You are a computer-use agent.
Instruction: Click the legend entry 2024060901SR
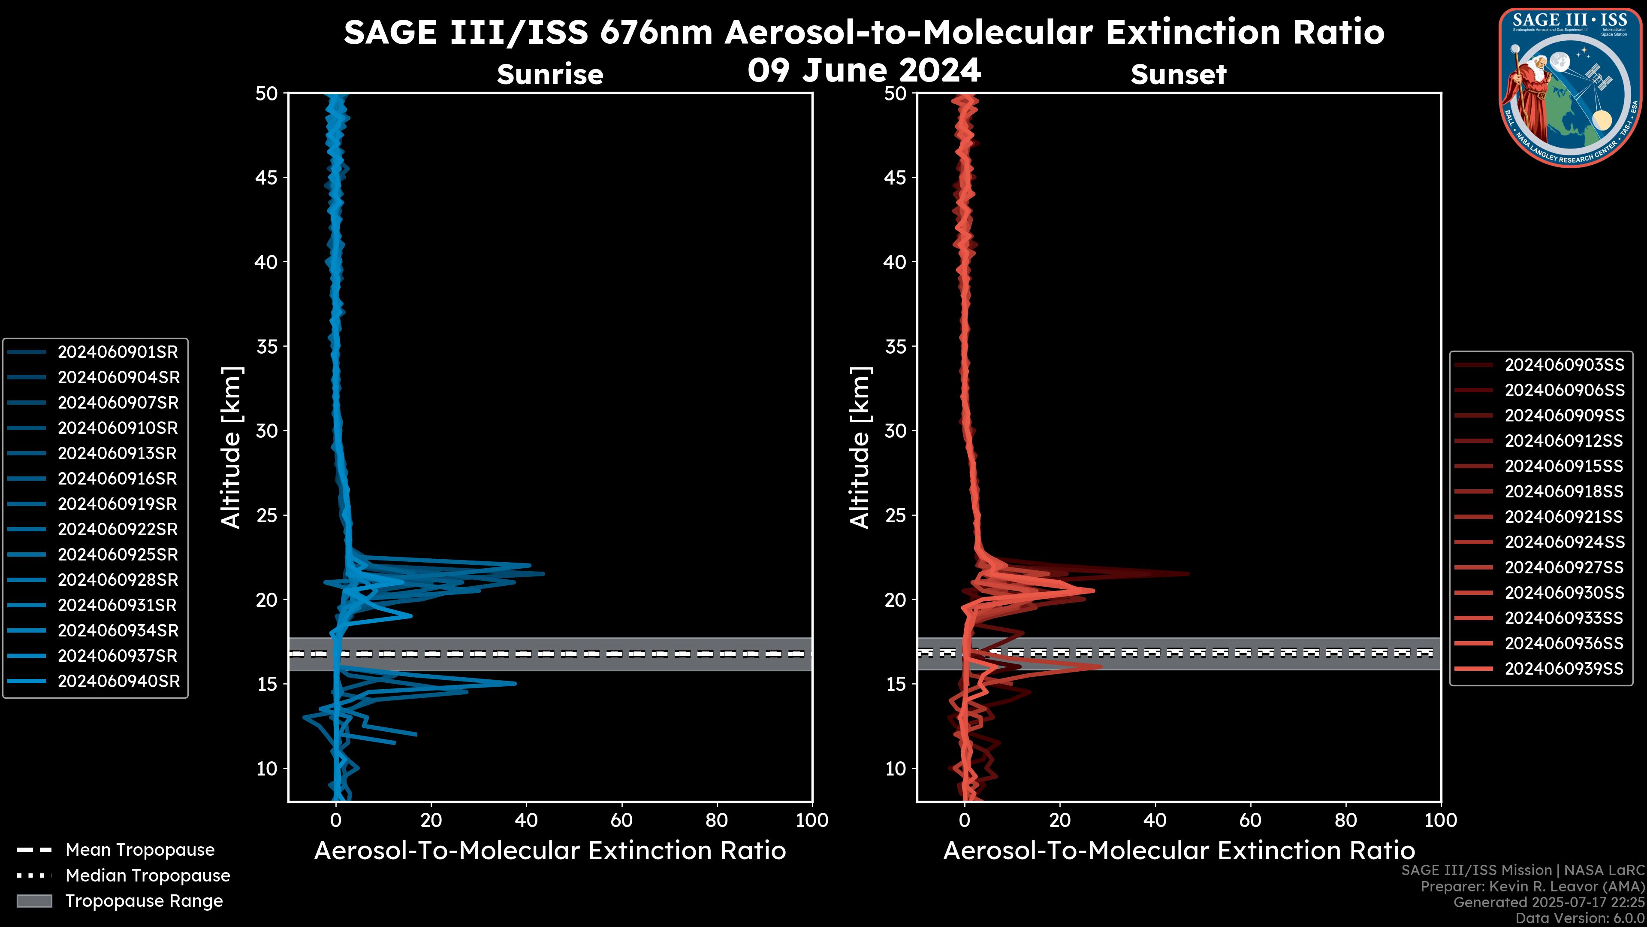point(118,352)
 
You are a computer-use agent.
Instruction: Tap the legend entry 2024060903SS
point(1564,365)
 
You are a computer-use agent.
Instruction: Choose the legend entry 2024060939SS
point(1564,669)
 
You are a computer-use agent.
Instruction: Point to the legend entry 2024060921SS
point(1564,516)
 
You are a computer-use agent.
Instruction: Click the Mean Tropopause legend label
point(140,850)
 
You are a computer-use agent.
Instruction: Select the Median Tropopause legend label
point(148,875)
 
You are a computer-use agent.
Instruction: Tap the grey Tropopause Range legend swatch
point(34,901)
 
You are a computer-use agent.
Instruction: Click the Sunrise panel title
point(550,75)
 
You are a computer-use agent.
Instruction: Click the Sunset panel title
point(1178,75)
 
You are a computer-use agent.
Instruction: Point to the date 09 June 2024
point(864,70)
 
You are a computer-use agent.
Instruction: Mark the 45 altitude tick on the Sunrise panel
point(267,177)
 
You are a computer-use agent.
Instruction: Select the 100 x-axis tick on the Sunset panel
point(1441,820)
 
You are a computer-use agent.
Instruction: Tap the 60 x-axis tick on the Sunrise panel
point(621,820)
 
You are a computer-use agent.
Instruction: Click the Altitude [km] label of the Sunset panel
point(860,448)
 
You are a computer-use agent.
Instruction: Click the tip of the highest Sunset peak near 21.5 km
point(1188,573)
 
